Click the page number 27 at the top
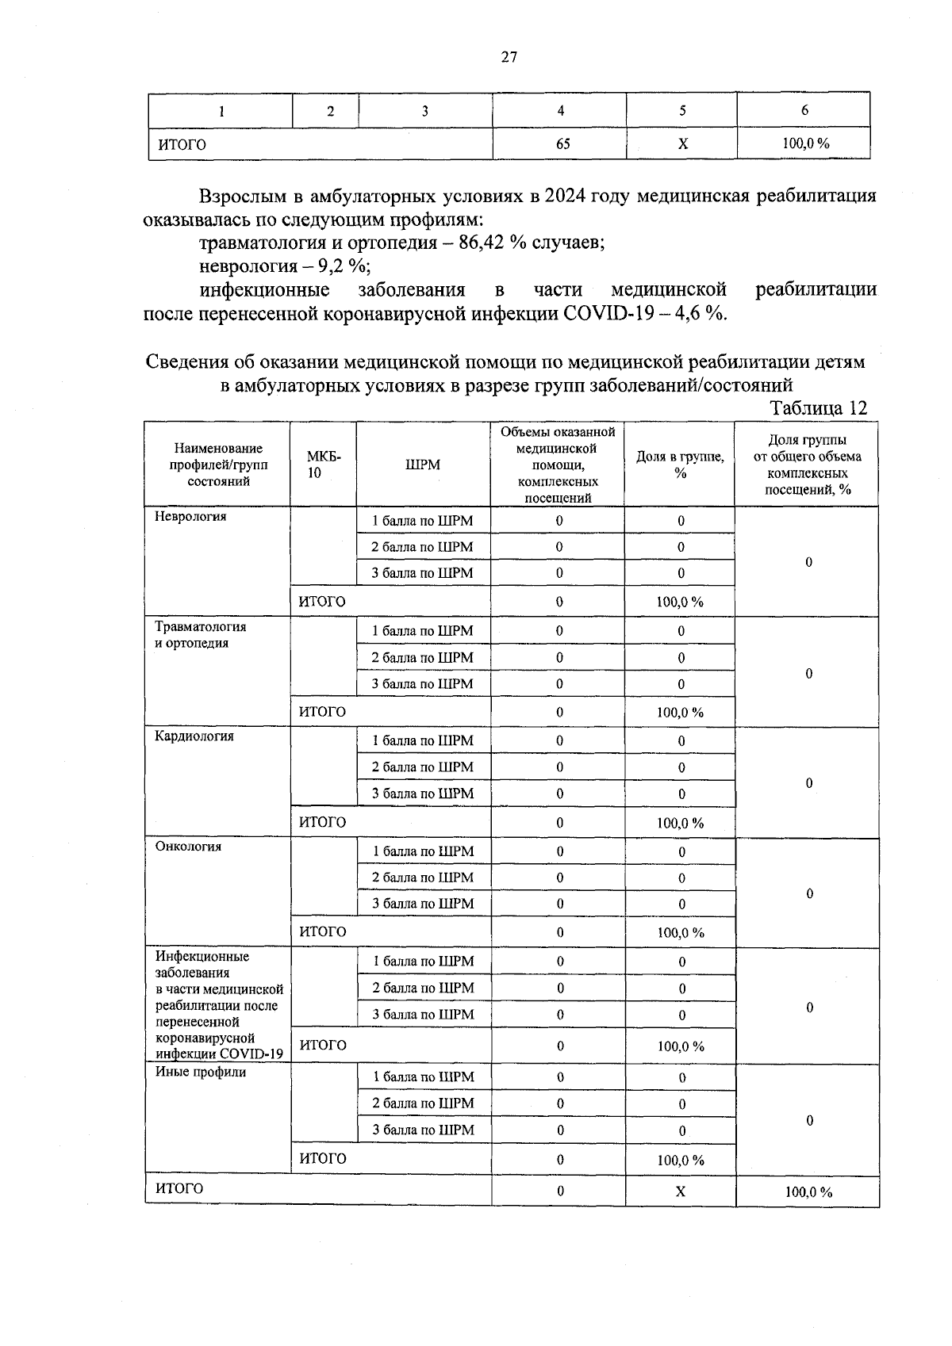pyautogui.click(x=509, y=56)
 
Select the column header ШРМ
pyautogui.click(x=423, y=465)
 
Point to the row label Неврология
pyautogui.click(x=190, y=516)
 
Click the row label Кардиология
pyautogui.click(x=194, y=736)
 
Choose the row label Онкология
pyautogui.click(x=188, y=846)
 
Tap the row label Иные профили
pyautogui.click(x=201, y=1072)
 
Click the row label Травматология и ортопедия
pyautogui.click(x=200, y=634)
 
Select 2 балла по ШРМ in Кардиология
pyautogui.click(x=423, y=767)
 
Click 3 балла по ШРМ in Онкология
pyautogui.click(x=423, y=903)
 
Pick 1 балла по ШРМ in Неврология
pyautogui.click(x=423, y=521)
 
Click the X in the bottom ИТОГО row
pyautogui.click(x=680, y=1191)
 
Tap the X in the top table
pyautogui.click(x=683, y=143)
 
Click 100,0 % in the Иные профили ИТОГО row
pyautogui.click(x=680, y=1160)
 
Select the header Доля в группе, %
pyautogui.click(x=680, y=465)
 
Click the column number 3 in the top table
pyautogui.click(x=425, y=111)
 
